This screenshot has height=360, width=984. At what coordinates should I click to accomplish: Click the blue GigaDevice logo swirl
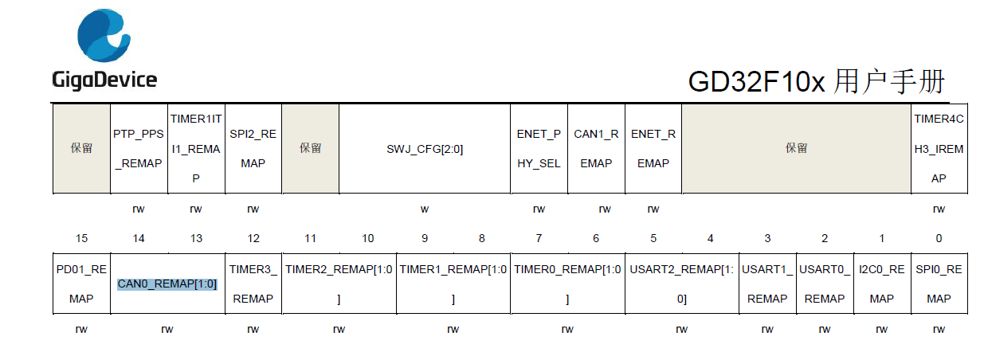pyautogui.click(x=104, y=35)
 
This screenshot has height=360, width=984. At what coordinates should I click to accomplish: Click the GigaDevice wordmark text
pyautogui.click(x=104, y=80)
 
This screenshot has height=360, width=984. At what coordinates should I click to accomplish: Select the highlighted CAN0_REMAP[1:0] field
pyautogui.click(x=167, y=284)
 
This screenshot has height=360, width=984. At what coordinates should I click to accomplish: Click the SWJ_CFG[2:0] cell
pyautogui.click(x=425, y=149)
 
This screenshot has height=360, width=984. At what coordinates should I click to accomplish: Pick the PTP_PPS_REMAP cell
pyautogui.click(x=139, y=149)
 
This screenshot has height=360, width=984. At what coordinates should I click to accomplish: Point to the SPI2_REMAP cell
pyautogui.click(x=253, y=149)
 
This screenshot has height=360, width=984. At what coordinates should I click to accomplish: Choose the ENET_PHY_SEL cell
pyautogui.click(x=539, y=149)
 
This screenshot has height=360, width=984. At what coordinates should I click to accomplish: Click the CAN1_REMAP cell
pyautogui.click(x=596, y=149)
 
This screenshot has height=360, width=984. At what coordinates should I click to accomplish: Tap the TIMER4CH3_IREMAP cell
pyautogui.click(x=939, y=149)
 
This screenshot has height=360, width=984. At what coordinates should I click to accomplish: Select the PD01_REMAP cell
pyautogui.click(x=82, y=284)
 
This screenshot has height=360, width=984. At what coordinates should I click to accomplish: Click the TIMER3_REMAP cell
pyautogui.click(x=253, y=284)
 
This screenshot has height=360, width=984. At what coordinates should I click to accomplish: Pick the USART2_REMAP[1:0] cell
pyautogui.click(x=682, y=284)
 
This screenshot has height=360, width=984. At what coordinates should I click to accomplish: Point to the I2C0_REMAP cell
pyautogui.click(x=882, y=284)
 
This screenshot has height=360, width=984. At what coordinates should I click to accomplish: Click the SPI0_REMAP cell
pyautogui.click(x=939, y=284)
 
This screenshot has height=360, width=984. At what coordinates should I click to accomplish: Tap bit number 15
pyautogui.click(x=82, y=238)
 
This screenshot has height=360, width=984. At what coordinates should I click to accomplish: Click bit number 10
pyautogui.click(x=367, y=238)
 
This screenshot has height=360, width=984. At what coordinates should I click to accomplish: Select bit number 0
pyautogui.click(x=939, y=238)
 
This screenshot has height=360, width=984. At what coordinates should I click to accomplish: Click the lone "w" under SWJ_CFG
pyautogui.click(x=425, y=209)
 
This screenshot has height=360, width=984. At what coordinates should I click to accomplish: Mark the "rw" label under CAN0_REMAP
pyautogui.click(x=167, y=330)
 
